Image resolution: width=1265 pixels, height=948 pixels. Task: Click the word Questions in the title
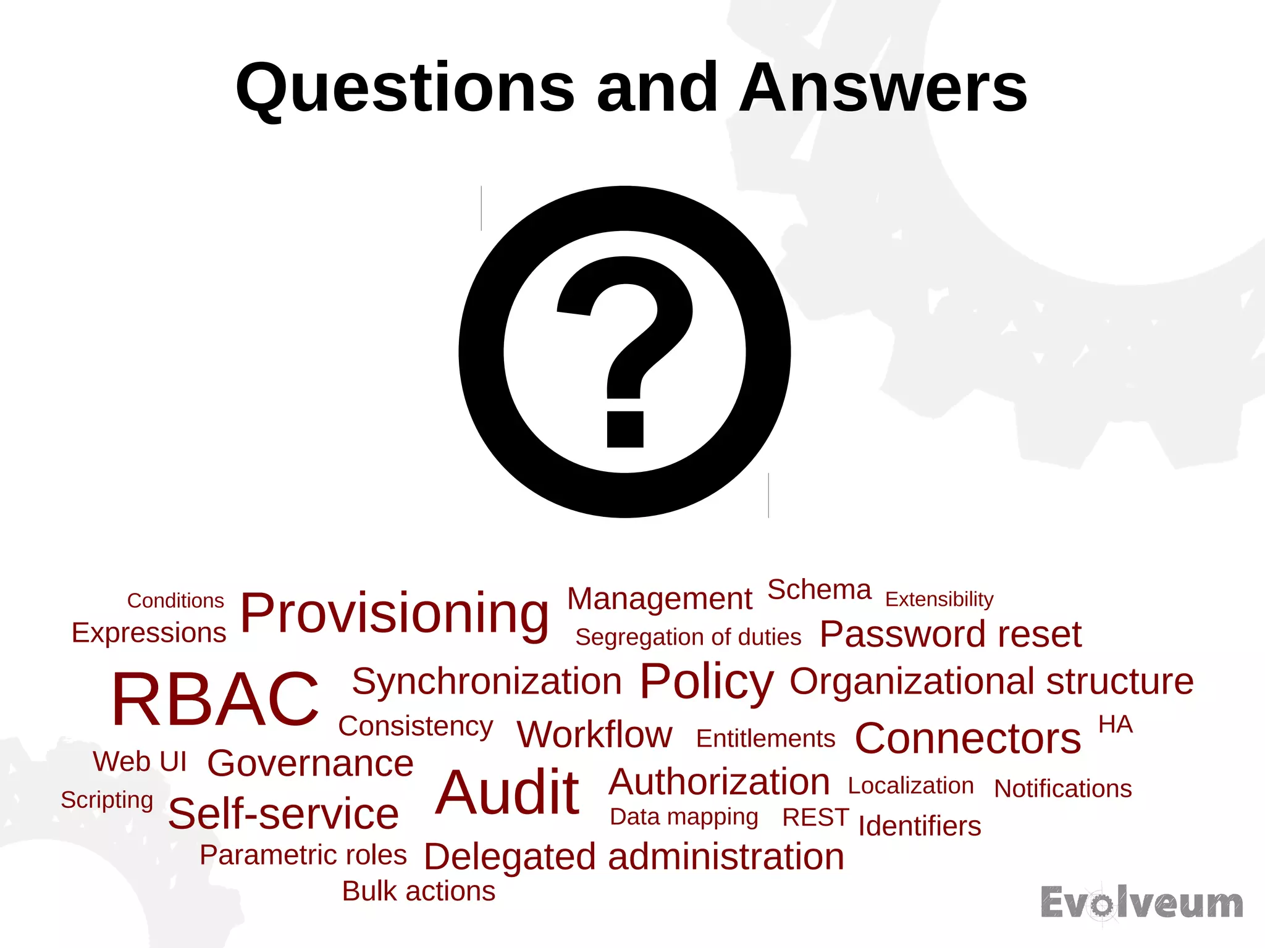pyautogui.click(x=405, y=90)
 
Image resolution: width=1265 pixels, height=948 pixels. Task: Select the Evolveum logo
pyautogui.click(x=1141, y=904)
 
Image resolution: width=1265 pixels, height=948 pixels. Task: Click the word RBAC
pyautogui.click(x=215, y=698)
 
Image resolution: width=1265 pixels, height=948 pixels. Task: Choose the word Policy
pyautogui.click(x=706, y=681)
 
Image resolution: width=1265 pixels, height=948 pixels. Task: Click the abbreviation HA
pyautogui.click(x=1115, y=724)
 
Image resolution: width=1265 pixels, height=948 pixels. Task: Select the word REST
pyautogui.click(x=815, y=817)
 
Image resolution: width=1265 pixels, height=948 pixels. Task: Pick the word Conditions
pyautogui.click(x=175, y=600)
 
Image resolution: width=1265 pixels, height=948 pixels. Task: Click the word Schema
pyautogui.click(x=819, y=590)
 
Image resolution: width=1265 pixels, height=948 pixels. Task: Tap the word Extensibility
pyautogui.click(x=939, y=599)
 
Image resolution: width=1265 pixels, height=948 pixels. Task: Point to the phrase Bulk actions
pyautogui.click(x=419, y=891)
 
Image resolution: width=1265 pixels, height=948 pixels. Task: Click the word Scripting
pyautogui.click(x=107, y=800)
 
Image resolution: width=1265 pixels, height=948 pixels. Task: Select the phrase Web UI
pyautogui.click(x=140, y=761)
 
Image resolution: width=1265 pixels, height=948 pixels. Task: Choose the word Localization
pyautogui.click(x=910, y=786)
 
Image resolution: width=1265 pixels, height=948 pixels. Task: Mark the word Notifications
pyautogui.click(x=1062, y=789)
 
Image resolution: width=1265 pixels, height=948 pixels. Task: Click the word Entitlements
pyautogui.click(x=765, y=739)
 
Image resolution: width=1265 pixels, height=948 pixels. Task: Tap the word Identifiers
pyautogui.click(x=919, y=826)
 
